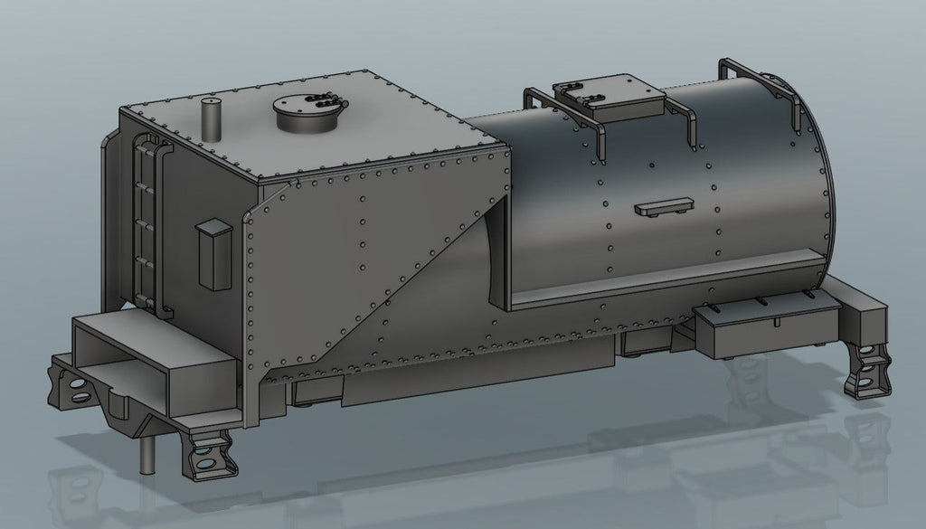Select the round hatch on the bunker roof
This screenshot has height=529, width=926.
coord(308,114)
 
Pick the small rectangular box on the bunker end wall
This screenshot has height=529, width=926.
coord(214,254)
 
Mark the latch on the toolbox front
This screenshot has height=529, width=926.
coord(775,321)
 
